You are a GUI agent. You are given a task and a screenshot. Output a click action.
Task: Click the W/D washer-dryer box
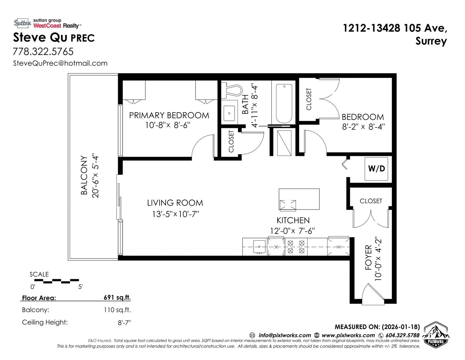coord(376,169)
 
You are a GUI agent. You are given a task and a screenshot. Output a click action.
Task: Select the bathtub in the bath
coord(284,104)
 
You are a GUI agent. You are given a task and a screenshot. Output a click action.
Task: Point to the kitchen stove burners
coord(296,246)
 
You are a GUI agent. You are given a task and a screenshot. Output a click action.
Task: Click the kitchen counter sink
coord(259,246)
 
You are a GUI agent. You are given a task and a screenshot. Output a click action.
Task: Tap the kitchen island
coord(299,199)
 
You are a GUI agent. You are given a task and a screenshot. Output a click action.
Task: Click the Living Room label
coord(175,203)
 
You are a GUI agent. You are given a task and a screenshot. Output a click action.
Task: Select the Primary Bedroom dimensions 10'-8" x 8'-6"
coord(168,125)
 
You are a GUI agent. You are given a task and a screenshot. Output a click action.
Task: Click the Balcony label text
coord(84,175)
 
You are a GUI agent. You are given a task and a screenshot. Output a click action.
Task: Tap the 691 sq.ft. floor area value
coord(117,297)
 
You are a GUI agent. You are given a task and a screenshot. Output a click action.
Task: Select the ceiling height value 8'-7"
coord(124,322)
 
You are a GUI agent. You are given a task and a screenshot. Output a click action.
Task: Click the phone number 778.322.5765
coord(43,52)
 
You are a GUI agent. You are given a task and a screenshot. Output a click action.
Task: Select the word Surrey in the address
coord(431,41)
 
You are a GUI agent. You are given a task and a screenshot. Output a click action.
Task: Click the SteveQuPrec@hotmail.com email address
coord(60,63)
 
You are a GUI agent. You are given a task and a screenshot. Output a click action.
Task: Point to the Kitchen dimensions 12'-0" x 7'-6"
coord(292,231)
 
